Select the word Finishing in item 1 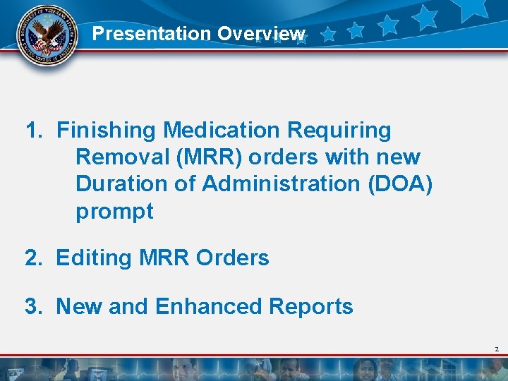107,131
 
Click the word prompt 114,211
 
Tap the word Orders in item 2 234,258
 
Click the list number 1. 32,131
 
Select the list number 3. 32,307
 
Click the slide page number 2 497,349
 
